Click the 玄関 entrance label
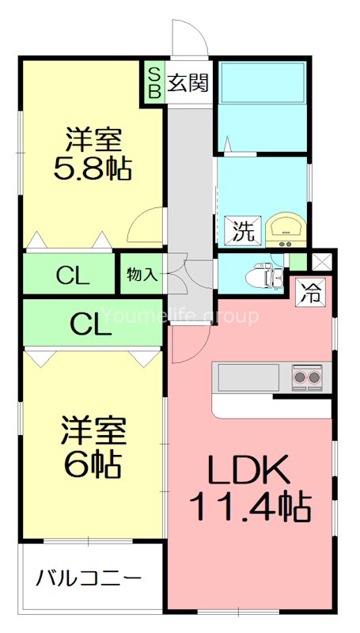tap(188, 82)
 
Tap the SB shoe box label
tap(153, 82)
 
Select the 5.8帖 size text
tap(93, 169)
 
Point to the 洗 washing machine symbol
tap(244, 231)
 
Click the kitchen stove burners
tap(309, 377)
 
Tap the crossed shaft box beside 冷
tap(324, 260)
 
